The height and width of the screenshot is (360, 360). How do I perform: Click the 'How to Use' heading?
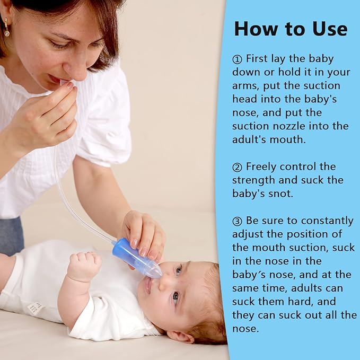(x=291, y=28)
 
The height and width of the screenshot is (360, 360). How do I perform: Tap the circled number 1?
(x=237, y=58)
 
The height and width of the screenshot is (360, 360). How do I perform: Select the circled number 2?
(x=237, y=167)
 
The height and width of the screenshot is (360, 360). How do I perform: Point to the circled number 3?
(x=237, y=221)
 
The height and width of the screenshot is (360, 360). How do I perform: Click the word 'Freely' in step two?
(x=260, y=167)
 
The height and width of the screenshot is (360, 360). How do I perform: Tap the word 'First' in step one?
(x=258, y=58)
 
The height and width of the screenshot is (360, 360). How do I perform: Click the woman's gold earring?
(x=6, y=29)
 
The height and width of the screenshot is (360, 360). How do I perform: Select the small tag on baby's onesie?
(x=35, y=307)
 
